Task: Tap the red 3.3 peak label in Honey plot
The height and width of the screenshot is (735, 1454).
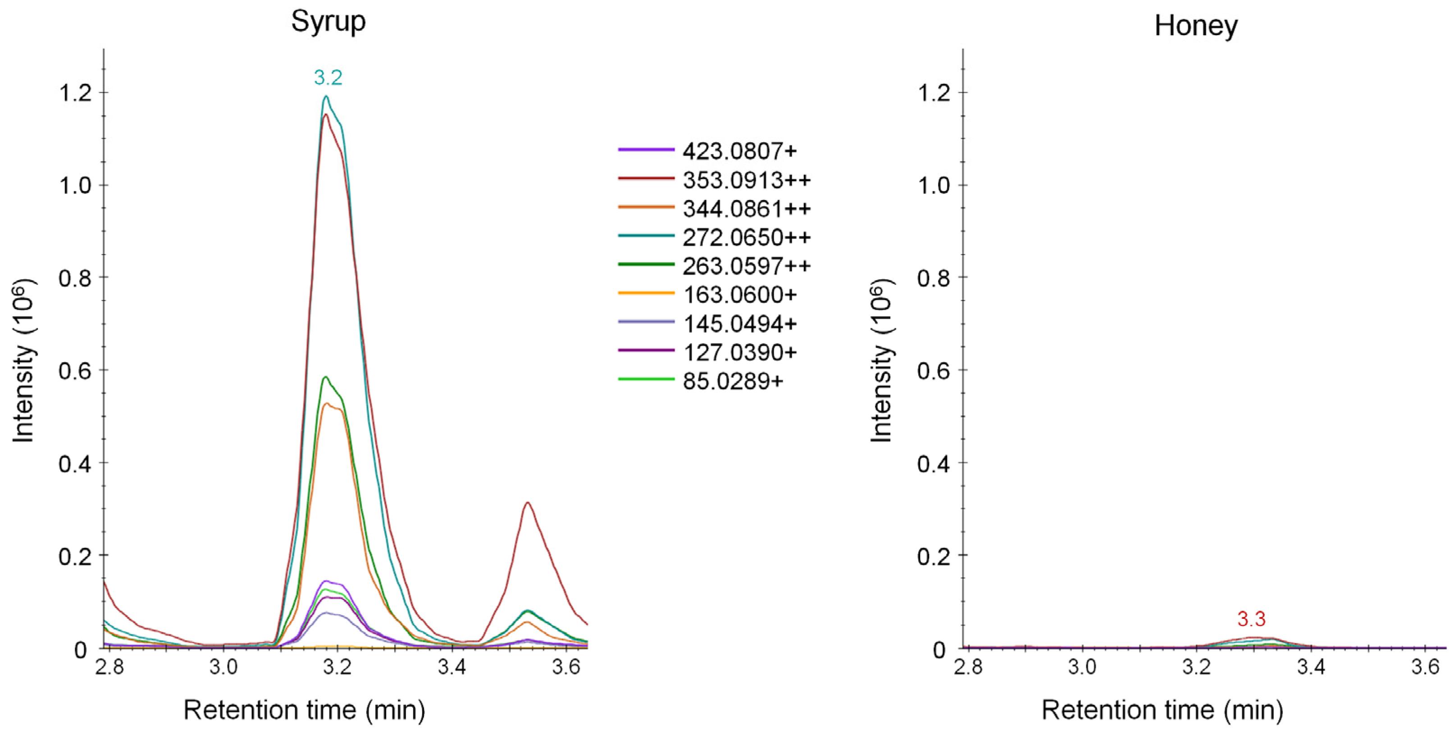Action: [x=1251, y=619]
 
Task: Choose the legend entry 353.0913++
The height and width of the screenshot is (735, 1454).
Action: [x=746, y=180]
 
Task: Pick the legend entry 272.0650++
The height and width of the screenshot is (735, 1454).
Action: [x=746, y=237]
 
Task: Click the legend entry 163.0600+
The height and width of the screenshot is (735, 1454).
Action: [x=739, y=295]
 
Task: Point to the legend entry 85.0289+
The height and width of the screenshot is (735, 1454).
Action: [x=733, y=381]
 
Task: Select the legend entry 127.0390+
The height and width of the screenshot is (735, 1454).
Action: [x=739, y=353]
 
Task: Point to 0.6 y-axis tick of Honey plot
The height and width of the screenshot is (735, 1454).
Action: [x=934, y=371]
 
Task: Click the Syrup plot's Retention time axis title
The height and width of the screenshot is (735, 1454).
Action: [x=304, y=710]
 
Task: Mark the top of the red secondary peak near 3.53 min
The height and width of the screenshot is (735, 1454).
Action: [x=527, y=503]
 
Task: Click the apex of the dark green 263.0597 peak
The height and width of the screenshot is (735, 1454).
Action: [x=325, y=377]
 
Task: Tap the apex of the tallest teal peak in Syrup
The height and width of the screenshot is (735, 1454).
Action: [x=326, y=96]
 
